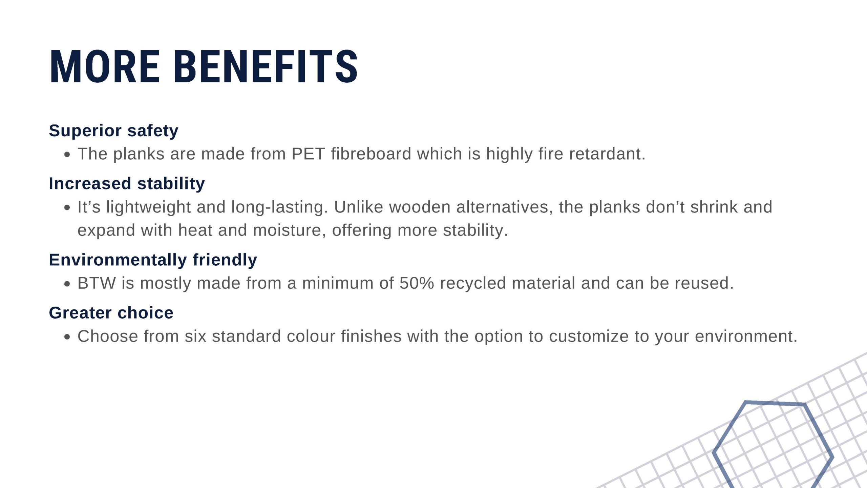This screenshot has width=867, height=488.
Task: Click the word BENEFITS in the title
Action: pyautogui.click(x=266, y=66)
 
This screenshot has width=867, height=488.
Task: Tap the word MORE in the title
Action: pyautogui.click(x=105, y=66)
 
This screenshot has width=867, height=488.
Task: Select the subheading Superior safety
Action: pyautogui.click(x=113, y=131)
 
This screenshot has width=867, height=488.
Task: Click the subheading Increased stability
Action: pyautogui.click(x=127, y=184)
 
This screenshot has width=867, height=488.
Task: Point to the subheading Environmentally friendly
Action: pyautogui.click(x=153, y=260)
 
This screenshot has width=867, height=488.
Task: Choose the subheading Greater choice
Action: pyautogui.click(x=111, y=313)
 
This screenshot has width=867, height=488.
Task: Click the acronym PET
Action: pyautogui.click(x=308, y=154)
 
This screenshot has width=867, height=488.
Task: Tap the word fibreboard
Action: pyautogui.click(x=371, y=154)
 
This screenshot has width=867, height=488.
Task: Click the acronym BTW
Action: pyautogui.click(x=97, y=283)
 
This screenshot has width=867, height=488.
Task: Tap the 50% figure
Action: pyautogui.click(x=417, y=283)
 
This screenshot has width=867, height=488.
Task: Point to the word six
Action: pyautogui.click(x=195, y=336)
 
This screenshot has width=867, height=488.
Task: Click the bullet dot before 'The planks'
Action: pyautogui.click(x=67, y=155)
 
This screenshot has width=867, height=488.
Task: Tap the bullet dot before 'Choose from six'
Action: pyautogui.click(x=67, y=337)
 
